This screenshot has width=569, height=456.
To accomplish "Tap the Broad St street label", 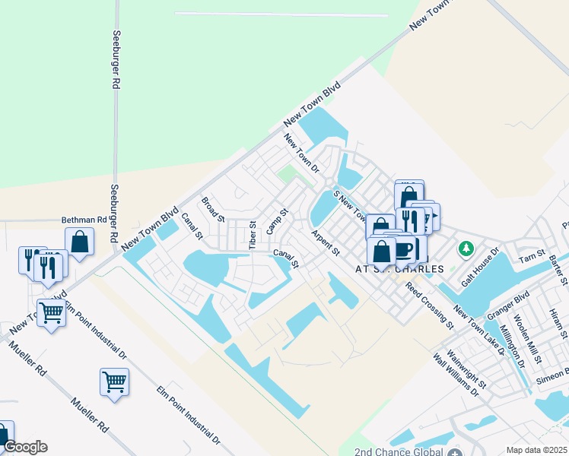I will click(x=213, y=209).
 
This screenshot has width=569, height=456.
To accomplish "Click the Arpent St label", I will click(x=324, y=242).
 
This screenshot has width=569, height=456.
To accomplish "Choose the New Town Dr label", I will click(x=301, y=152).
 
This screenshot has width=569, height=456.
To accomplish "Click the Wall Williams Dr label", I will click(x=456, y=375).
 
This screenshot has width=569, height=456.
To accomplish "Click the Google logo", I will click(x=24, y=447).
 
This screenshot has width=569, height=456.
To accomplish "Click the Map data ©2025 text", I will click(x=536, y=450).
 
